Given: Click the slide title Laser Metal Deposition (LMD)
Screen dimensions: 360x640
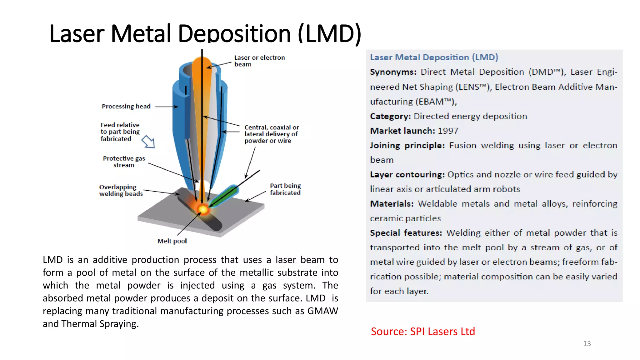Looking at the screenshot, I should click(x=205, y=33).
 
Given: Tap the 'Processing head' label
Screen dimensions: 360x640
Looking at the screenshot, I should click(x=126, y=107).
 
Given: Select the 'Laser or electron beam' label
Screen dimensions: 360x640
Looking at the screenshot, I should click(x=259, y=61).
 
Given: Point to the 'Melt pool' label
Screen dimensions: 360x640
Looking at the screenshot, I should click(x=172, y=241).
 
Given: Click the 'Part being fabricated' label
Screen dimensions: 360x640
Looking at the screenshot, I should click(x=285, y=189).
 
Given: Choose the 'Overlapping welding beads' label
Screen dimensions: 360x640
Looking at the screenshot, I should click(x=121, y=190).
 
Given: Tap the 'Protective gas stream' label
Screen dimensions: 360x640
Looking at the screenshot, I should click(x=124, y=162).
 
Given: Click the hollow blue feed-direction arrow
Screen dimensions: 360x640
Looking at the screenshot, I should click(x=148, y=142).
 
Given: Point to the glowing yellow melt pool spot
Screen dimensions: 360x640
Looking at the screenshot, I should click(x=203, y=209).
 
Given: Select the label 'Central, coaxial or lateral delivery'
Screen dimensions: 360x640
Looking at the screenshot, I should click(x=271, y=134).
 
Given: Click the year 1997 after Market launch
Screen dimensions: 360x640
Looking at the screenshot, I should click(x=448, y=131).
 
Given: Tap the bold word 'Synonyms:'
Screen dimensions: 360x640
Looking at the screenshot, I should click(x=393, y=72).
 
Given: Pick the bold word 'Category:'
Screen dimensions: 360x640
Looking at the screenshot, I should click(x=390, y=116).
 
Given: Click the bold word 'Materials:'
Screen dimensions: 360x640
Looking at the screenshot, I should click(x=392, y=204).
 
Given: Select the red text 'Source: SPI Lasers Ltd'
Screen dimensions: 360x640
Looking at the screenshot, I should click(x=422, y=331).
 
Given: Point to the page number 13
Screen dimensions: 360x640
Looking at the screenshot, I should click(x=587, y=344).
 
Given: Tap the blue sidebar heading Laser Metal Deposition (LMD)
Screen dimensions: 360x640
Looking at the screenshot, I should click(x=434, y=57).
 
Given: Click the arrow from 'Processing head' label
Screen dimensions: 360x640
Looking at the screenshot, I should click(x=167, y=107).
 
